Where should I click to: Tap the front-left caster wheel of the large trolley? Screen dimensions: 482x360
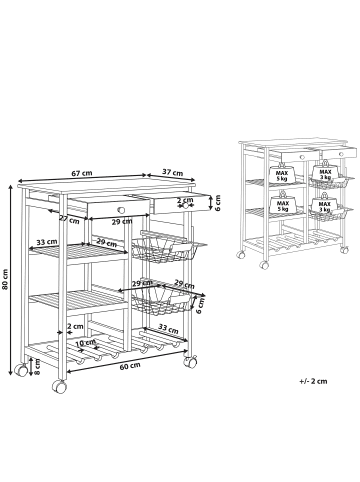coord(61,385)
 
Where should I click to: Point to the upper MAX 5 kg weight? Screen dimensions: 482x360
coord(284,177)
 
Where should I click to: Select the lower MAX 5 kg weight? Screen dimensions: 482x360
coord(284,206)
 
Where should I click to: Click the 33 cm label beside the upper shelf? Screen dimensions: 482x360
coord(45,241)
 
